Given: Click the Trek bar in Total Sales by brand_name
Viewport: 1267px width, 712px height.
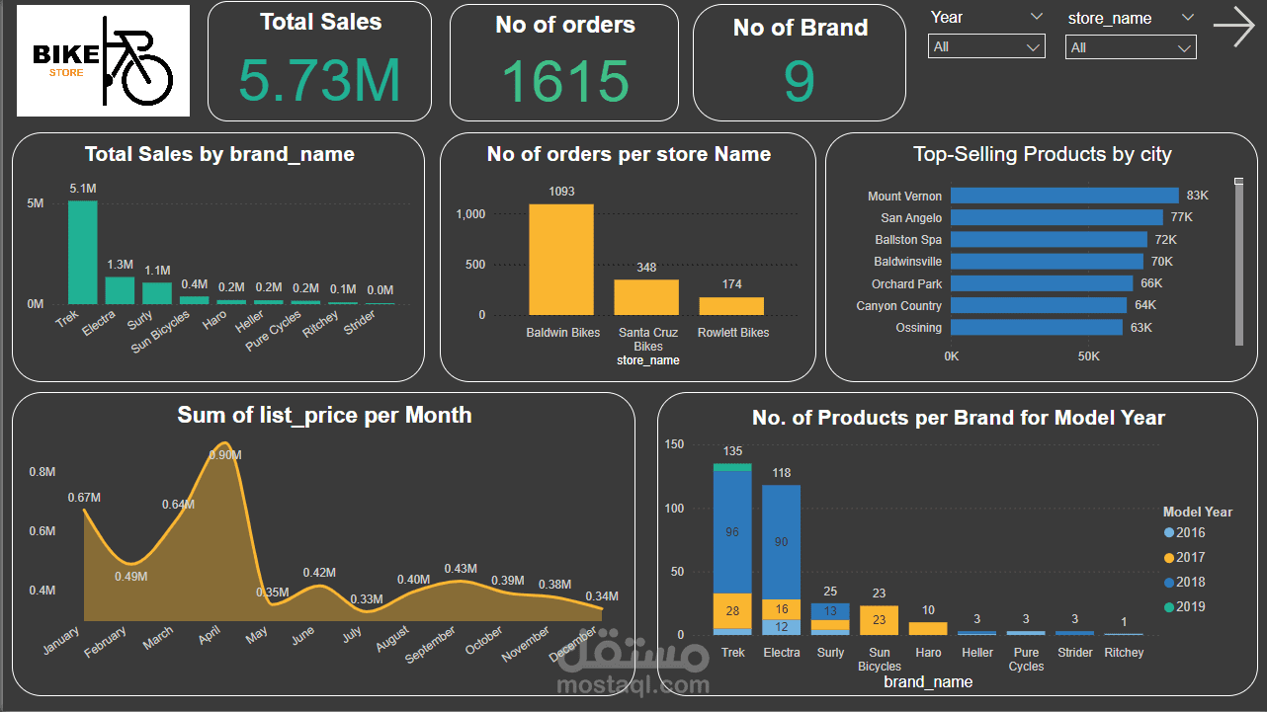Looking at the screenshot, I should pyautogui.click(x=82, y=252).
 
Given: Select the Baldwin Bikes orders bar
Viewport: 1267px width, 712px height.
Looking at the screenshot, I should pyautogui.click(x=560, y=259).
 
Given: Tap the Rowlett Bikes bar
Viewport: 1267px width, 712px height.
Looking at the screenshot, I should pyautogui.click(x=731, y=305).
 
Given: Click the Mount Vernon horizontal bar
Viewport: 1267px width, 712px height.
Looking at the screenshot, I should pyautogui.click(x=1064, y=196).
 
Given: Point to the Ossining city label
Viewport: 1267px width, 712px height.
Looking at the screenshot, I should pyautogui.click(x=918, y=328).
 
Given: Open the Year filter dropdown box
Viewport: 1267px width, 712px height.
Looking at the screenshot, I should pyautogui.click(x=985, y=46).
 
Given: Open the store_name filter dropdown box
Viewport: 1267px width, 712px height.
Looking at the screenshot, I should pyautogui.click(x=1130, y=47).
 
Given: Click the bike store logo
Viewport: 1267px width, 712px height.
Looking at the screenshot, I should pyautogui.click(x=103, y=60).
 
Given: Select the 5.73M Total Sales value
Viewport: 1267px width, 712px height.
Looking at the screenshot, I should pyautogui.click(x=319, y=81).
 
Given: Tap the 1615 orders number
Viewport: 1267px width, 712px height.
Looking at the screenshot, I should pyautogui.click(x=564, y=82).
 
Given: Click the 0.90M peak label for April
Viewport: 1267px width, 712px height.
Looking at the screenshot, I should pyautogui.click(x=225, y=454).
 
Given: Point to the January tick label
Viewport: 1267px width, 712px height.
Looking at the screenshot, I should pyautogui.click(x=61, y=641).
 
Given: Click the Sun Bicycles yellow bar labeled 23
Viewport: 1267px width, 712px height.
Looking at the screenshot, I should pyautogui.click(x=879, y=620).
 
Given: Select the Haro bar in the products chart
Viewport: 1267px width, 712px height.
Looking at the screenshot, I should pyautogui.click(x=927, y=628).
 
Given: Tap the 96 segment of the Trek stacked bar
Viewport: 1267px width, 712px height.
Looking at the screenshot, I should pyautogui.click(x=732, y=532).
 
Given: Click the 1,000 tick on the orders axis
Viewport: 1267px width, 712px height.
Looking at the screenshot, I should pyautogui.click(x=469, y=214).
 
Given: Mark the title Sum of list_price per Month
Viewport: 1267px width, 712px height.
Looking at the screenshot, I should pyautogui.click(x=324, y=415).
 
